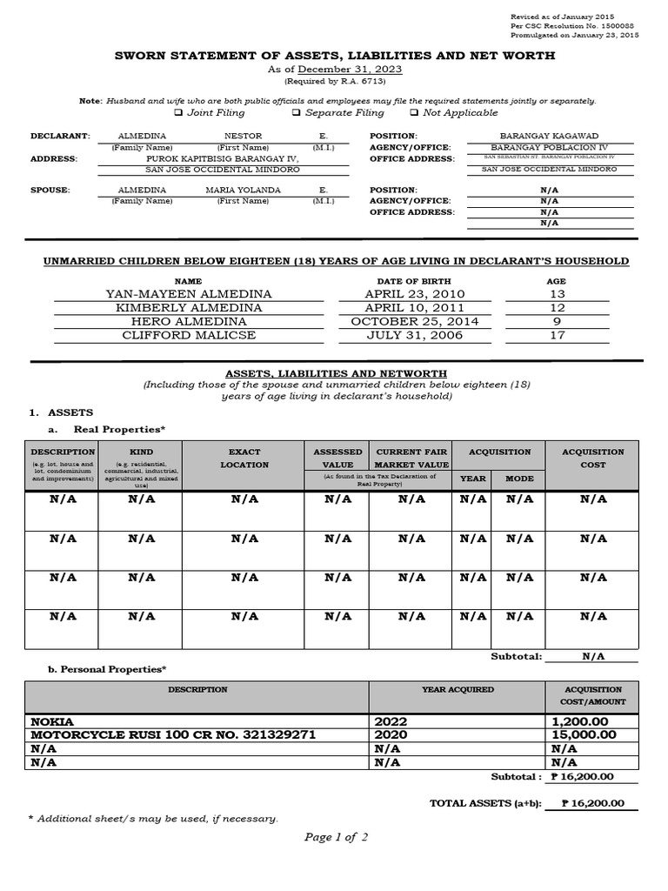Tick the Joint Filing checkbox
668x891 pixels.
point(177,113)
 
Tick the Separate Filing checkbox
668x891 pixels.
point(296,113)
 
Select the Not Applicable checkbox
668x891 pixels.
point(414,113)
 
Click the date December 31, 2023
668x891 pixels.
point(351,70)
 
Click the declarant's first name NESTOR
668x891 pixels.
point(243,137)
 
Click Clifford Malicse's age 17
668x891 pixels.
point(556,334)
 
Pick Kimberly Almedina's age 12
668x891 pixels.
point(556,308)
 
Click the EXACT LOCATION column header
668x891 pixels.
point(244,459)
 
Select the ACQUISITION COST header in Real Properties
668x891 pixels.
point(593,459)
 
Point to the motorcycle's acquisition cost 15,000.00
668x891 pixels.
point(584,735)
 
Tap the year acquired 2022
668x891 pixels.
point(391,722)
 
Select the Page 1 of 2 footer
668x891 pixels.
point(336,837)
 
